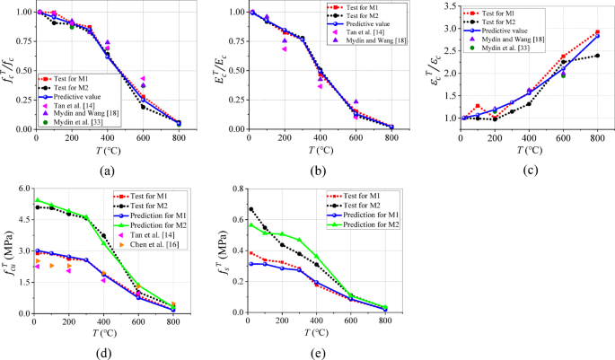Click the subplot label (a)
tap(106, 171)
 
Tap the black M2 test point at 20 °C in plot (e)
tap(250, 210)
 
